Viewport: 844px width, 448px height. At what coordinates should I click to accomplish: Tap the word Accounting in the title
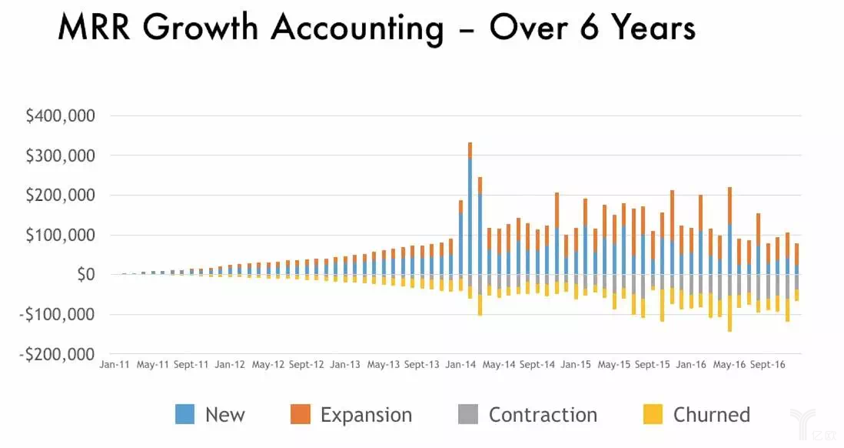point(357,28)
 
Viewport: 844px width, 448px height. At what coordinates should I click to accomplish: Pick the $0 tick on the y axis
point(80,275)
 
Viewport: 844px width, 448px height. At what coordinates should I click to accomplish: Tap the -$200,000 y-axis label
point(56,355)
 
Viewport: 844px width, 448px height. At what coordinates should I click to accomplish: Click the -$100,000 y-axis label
point(56,315)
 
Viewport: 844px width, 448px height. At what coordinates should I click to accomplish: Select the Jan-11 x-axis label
point(114,365)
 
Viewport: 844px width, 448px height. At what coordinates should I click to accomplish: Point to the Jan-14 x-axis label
point(460,365)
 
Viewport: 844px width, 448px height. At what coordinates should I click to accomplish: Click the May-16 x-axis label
point(729,365)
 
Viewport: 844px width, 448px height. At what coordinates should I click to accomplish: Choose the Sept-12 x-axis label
point(306,365)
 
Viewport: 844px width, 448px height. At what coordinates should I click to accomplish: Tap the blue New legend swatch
point(184,415)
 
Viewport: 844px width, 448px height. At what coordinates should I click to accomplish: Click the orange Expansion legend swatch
point(300,415)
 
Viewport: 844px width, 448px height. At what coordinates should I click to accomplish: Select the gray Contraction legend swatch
point(468,415)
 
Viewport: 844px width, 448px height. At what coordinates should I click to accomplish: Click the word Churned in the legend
point(711,415)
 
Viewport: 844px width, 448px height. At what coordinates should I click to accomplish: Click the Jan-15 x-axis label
point(575,365)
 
